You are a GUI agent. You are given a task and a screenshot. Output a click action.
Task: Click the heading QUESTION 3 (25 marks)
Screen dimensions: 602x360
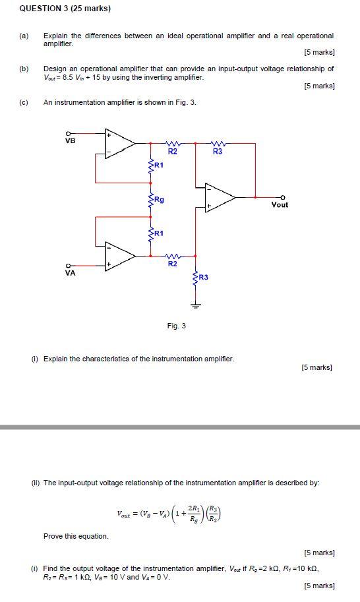click(x=55, y=9)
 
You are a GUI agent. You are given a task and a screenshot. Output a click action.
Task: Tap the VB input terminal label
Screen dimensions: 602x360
click(x=71, y=140)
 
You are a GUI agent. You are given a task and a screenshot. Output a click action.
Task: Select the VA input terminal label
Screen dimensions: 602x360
click(x=71, y=272)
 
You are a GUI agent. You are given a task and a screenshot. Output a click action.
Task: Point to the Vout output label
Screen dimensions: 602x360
click(x=280, y=205)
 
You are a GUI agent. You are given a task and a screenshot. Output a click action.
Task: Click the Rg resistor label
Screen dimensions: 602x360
click(x=160, y=198)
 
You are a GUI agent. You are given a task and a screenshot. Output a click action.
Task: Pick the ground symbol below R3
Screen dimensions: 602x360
click(x=195, y=305)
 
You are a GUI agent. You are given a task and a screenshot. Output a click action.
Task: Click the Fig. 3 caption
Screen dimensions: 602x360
click(x=177, y=326)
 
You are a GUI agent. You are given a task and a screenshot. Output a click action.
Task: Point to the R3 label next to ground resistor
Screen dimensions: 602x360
click(x=203, y=278)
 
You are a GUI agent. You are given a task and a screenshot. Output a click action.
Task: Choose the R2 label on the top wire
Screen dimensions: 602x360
click(x=173, y=152)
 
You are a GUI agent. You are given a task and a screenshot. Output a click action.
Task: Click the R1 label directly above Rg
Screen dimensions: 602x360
click(x=159, y=166)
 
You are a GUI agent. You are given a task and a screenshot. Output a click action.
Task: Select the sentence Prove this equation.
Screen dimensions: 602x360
click(x=76, y=536)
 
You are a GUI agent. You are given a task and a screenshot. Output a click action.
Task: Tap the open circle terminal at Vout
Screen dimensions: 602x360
click(x=284, y=197)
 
